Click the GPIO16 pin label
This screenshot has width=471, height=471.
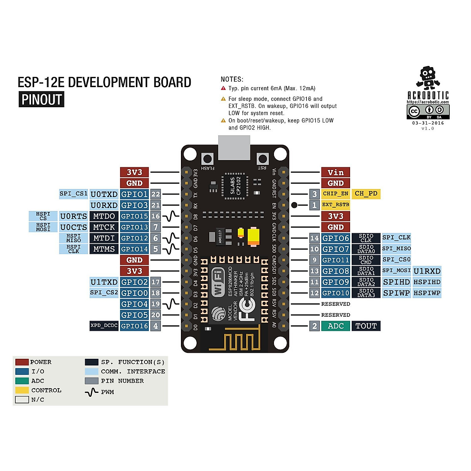[x=134, y=326]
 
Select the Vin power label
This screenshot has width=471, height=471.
[x=335, y=172]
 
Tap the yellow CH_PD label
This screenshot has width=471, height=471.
[x=366, y=194]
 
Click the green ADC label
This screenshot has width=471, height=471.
[x=336, y=326]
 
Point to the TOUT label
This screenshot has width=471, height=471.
[x=366, y=326]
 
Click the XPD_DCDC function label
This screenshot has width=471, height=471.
[x=104, y=326]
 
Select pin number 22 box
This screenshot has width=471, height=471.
[x=156, y=194]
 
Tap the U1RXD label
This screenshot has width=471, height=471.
[x=427, y=271]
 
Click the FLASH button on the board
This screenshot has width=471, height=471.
[x=207, y=159]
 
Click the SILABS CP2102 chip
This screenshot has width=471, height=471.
[x=236, y=186]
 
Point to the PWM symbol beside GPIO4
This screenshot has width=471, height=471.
[x=171, y=304]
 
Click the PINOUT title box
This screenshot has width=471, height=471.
[x=42, y=99]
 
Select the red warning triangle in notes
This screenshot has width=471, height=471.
[x=223, y=88]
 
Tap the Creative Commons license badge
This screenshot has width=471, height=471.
[x=428, y=111]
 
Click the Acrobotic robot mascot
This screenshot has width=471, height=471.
[x=427, y=77]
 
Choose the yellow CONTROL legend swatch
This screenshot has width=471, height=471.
[x=22, y=390]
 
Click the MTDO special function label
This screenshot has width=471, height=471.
[x=104, y=216]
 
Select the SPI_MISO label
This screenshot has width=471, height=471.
[x=396, y=248]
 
